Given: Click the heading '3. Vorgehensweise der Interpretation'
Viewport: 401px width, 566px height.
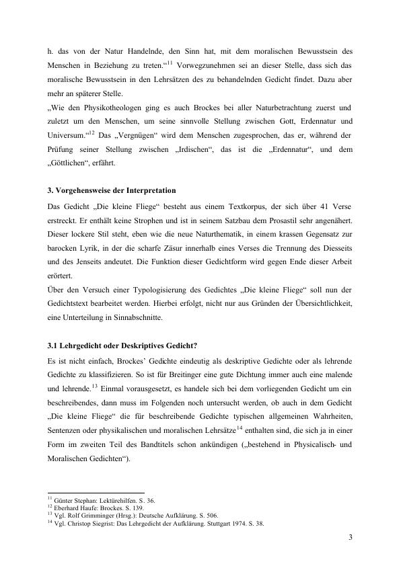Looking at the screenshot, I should click(116, 190).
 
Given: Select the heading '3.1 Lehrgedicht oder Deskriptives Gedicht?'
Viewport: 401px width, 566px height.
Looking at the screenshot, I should click(122, 346).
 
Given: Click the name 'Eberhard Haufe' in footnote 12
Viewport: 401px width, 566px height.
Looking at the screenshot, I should click(76, 506).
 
